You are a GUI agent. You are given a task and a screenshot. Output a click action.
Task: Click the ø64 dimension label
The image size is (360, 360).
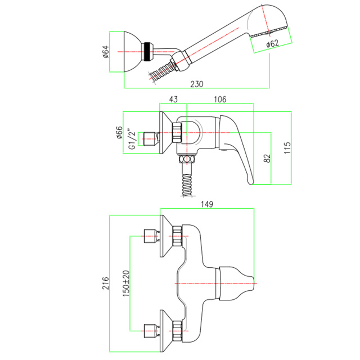point(106,52)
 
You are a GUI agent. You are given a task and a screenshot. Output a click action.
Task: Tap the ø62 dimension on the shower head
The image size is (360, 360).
point(272,43)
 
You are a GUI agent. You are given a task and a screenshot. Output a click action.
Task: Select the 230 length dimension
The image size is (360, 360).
point(197,84)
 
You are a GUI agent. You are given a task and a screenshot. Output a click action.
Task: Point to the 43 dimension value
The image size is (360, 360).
point(173,100)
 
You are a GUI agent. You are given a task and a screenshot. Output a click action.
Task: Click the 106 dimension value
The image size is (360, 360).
point(220,100)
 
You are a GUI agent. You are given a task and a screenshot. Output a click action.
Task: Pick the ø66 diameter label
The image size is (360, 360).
point(119,133)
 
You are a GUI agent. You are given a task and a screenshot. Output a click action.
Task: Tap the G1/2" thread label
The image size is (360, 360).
point(132,139)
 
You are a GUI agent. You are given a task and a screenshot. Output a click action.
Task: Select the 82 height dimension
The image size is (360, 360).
point(267,159)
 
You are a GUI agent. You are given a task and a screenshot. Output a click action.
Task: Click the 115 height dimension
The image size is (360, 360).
point(287,148)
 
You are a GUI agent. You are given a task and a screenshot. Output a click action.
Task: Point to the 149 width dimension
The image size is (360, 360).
point(207,204)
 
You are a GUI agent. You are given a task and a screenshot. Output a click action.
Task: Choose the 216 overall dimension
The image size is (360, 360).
point(106,283)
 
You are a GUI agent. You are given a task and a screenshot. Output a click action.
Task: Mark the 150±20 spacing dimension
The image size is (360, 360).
point(126,283)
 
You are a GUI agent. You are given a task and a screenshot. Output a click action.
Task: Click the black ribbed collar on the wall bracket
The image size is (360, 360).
point(146,52)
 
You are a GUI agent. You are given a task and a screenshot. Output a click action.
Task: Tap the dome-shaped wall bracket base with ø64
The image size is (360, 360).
point(133,52)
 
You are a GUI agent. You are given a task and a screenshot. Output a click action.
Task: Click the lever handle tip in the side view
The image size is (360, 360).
point(251,182)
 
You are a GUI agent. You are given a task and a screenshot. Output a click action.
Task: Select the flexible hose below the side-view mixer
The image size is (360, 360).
point(187,185)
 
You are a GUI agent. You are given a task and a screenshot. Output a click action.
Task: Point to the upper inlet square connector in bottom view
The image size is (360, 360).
point(150,236)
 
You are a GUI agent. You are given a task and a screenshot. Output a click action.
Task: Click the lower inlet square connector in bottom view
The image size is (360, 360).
point(150,331)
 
